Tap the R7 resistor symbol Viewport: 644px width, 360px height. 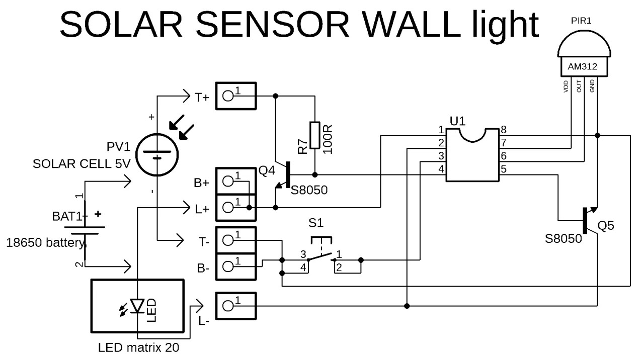[314, 135]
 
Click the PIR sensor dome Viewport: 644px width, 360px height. [584, 45]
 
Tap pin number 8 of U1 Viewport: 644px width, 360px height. [503, 130]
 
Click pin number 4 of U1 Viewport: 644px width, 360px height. [441, 169]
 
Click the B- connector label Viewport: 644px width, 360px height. [203, 268]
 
